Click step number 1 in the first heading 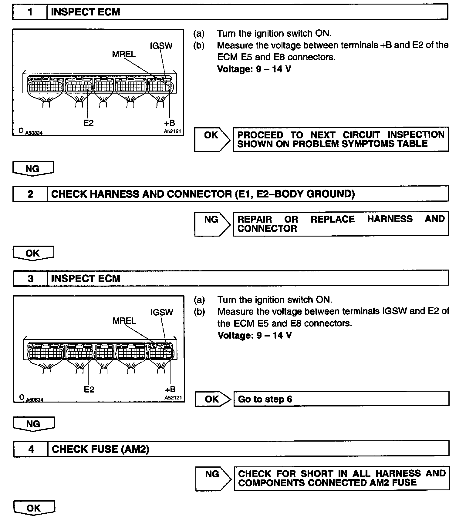(30, 12)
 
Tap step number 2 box (30, 194)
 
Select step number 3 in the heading (31, 278)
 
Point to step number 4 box (31, 449)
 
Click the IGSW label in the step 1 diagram (161, 46)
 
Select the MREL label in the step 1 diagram (124, 55)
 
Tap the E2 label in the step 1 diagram (88, 123)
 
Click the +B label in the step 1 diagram (170, 123)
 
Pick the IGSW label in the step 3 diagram (162, 312)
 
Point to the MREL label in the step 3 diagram (124, 321)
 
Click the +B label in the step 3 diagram (170, 389)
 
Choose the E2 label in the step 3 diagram (89, 389)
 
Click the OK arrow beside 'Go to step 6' (212, 399)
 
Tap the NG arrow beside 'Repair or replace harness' (212, 224)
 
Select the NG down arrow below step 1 (33, 169)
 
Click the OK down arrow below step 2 (33, 253)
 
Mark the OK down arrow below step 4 (34, 508)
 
